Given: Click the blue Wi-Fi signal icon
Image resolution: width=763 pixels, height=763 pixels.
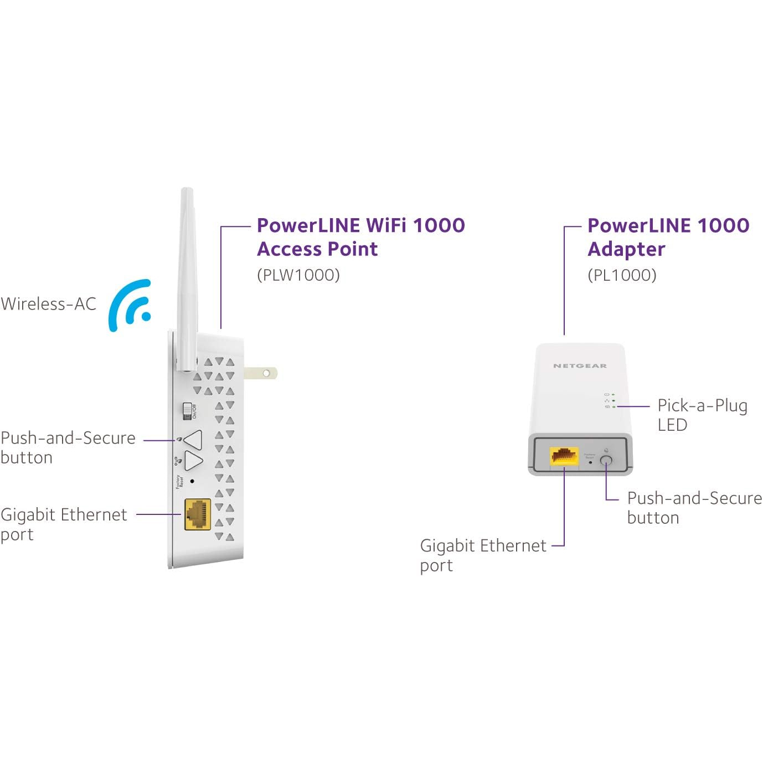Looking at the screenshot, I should (131, 306).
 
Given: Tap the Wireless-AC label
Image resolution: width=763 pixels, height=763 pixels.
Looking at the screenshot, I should (49, 304).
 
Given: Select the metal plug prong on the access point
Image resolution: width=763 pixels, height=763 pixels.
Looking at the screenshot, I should (260, 373).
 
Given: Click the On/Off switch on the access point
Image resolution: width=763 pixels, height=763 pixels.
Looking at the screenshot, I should (188, 411).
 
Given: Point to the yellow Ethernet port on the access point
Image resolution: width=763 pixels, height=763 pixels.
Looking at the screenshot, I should (198, 514).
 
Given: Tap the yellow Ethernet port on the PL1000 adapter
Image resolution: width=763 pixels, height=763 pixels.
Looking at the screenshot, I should (564, 456).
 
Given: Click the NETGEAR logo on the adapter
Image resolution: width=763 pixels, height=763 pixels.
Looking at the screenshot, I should (580, 366).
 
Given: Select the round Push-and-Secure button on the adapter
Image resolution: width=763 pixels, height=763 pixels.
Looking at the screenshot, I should (606, 460).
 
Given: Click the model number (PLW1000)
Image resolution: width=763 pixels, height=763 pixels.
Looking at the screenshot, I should (298, 275).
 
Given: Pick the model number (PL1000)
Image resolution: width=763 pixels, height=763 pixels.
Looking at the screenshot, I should (622, 275).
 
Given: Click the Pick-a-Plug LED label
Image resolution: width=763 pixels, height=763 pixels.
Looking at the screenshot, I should (702, 415).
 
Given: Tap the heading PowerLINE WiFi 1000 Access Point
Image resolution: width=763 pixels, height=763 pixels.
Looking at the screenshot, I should (360, 237).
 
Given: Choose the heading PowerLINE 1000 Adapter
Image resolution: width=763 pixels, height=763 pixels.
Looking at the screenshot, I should (668, 237).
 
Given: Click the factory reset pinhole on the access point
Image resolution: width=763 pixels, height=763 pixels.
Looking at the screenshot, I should (192, 481).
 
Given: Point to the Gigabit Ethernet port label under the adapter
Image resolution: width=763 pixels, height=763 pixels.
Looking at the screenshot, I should (483, 555).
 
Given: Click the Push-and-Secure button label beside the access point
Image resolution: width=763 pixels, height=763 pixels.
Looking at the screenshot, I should (68, 447).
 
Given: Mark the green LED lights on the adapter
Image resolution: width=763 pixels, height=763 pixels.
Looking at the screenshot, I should (614, 400).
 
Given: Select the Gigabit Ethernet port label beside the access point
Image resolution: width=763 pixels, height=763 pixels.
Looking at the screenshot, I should (64, 524).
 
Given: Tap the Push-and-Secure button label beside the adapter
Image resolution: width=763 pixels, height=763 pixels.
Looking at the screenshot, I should (694, 508).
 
